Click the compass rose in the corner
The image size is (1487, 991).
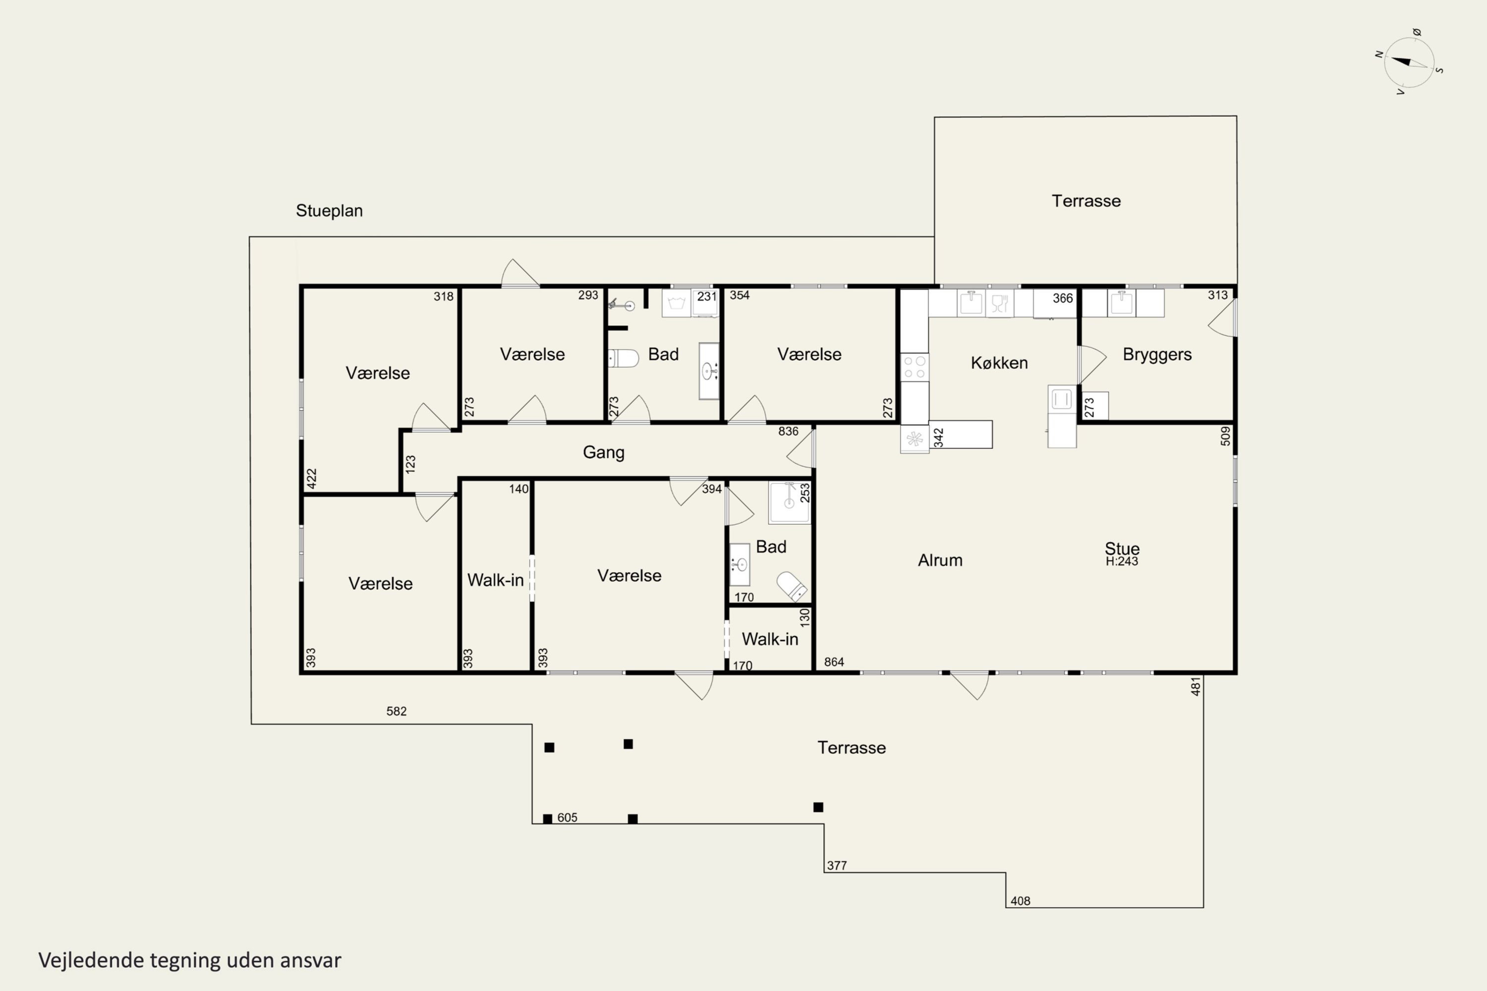(x=1409, y=62)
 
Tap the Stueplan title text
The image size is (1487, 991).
(x=330, y=211)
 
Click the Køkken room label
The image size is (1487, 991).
(x=999, y=363)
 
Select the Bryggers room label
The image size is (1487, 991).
(x=1157, y=355)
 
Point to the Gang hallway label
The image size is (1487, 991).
(x=604, y=452)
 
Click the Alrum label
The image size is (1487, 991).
(x=940, y=560)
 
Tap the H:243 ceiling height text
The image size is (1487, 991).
(x=1122, y=561)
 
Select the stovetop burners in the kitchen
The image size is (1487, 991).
(x=914, y=367)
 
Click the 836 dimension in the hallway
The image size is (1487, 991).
(x=789, y=432)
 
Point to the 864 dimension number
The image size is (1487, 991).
(x=834, y=661)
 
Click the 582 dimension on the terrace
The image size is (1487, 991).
(x=397, y=711)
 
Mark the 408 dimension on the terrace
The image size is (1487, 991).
(x=1021, y=901)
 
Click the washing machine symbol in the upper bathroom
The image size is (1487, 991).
(x=676, y=303)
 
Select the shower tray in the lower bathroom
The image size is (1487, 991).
(x=789, y=502)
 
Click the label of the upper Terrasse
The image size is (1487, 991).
(x=1086, y=201)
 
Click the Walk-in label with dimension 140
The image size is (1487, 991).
(x=495, y=580)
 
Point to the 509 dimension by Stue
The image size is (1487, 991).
(x=1225, y=436)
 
